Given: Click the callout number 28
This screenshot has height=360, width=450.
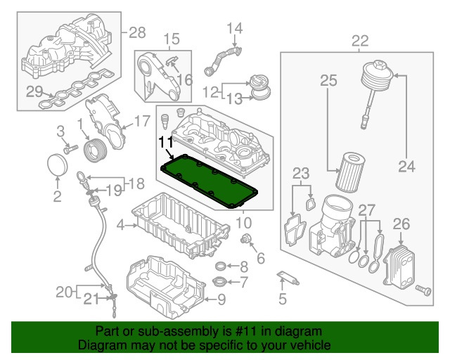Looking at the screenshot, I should [136, 32].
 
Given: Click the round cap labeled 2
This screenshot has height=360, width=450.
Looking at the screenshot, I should [58, 169].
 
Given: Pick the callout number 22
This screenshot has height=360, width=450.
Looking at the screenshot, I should [359, 40].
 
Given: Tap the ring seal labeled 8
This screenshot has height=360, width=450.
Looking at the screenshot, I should [221, 266].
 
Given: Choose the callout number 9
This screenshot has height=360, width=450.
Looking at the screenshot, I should [221, 300].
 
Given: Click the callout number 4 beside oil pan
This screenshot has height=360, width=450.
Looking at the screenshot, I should [121, 225].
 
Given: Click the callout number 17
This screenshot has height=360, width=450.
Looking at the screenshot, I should [142, 120].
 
